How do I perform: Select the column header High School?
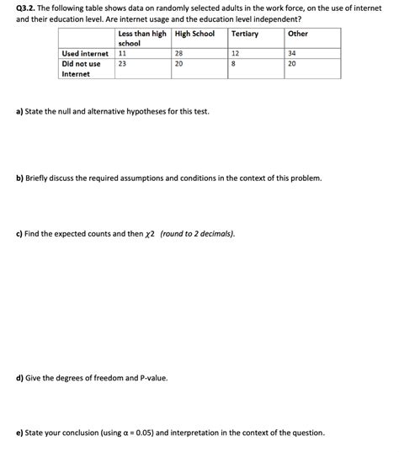coord(194,34)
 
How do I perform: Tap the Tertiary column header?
coord(245,34)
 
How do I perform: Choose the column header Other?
coord(298,34)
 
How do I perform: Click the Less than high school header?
coord(141,38)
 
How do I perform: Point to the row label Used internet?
coord(85,53)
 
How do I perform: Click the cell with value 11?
coord(123,53)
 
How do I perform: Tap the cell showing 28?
coord(178,53)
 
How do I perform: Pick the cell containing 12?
coord(235,53)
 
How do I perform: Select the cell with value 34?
coord(291,53)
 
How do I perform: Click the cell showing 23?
coord(123,63)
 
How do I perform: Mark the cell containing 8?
coord(233,63)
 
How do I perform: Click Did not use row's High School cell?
coord(178,63)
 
